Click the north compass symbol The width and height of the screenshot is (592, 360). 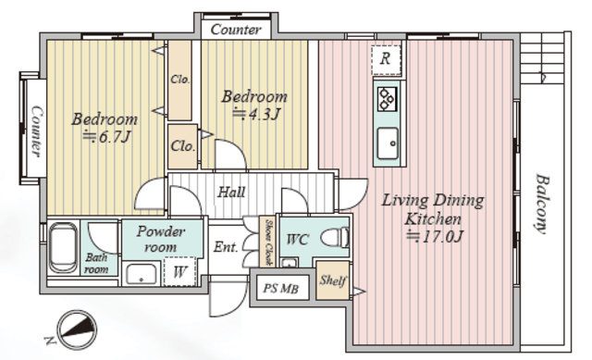77,329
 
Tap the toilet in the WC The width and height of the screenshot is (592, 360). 335,238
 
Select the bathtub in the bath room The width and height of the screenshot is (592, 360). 64,248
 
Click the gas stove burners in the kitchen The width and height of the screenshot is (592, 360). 388,99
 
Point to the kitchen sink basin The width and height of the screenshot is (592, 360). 388,143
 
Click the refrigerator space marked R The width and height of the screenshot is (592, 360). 386,60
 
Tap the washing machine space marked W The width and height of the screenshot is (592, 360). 180,271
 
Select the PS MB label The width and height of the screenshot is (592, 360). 280,289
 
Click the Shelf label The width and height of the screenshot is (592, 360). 333,280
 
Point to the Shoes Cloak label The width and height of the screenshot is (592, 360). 268,242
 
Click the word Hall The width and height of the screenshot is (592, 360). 231,192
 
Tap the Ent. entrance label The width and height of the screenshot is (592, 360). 226,247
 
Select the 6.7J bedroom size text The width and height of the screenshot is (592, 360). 107,137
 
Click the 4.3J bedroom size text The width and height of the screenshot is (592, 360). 257,113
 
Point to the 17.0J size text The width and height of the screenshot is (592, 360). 435,237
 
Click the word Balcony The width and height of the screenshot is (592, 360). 541,204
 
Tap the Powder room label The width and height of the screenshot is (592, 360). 161,239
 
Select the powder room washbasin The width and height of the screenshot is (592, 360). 142,274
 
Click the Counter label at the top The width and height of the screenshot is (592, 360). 236,30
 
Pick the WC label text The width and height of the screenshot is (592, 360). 298,240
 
